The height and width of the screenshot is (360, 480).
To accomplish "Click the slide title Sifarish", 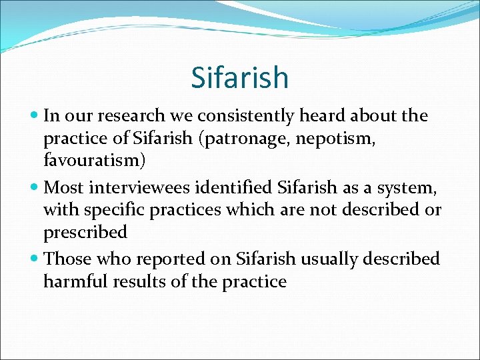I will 240,77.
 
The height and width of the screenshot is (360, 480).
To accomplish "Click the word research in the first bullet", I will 125,117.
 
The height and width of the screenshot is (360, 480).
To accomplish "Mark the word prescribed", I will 85,233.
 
